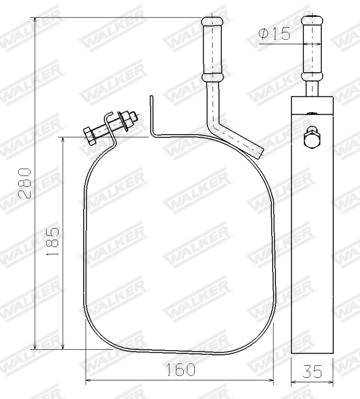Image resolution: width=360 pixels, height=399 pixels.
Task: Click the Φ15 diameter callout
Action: [x=274, y=34]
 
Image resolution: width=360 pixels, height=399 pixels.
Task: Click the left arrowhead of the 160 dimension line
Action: [x=88, y=381]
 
